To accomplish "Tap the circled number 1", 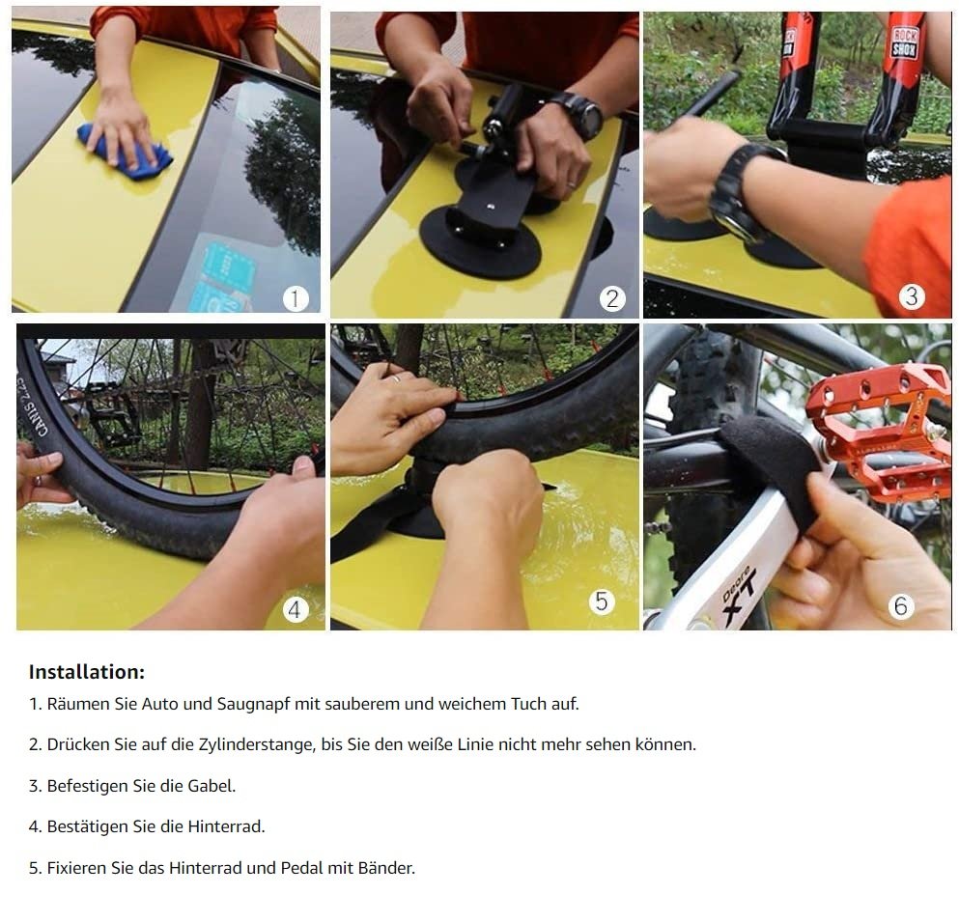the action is pos(296,299).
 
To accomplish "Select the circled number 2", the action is pos(612,299).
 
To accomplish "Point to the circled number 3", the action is pos(912,296).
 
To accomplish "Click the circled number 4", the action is pos(295,609).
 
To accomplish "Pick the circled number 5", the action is pos(602,601).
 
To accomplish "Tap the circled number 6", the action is pos(901,605).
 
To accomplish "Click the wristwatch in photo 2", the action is pos(581,114).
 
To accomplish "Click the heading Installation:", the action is pos(87,672).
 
